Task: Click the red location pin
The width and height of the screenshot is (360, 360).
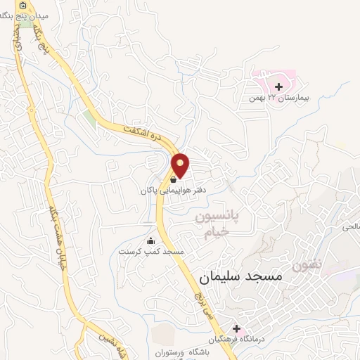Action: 181,165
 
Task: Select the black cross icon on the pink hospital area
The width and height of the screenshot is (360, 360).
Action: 279,86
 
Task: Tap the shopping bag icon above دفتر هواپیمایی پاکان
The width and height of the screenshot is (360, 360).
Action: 173,180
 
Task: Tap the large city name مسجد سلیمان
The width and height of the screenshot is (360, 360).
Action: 240,276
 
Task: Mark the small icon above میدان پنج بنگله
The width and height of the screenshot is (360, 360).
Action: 23,6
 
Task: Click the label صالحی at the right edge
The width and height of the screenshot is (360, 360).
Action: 349,227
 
